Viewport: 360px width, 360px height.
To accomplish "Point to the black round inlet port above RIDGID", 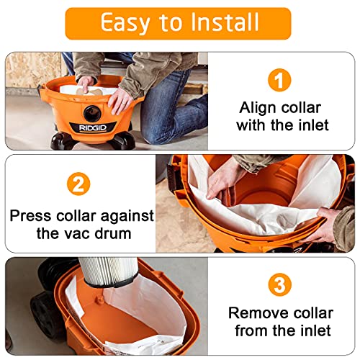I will click(92, 112).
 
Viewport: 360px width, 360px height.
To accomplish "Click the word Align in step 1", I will click(257, 107).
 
